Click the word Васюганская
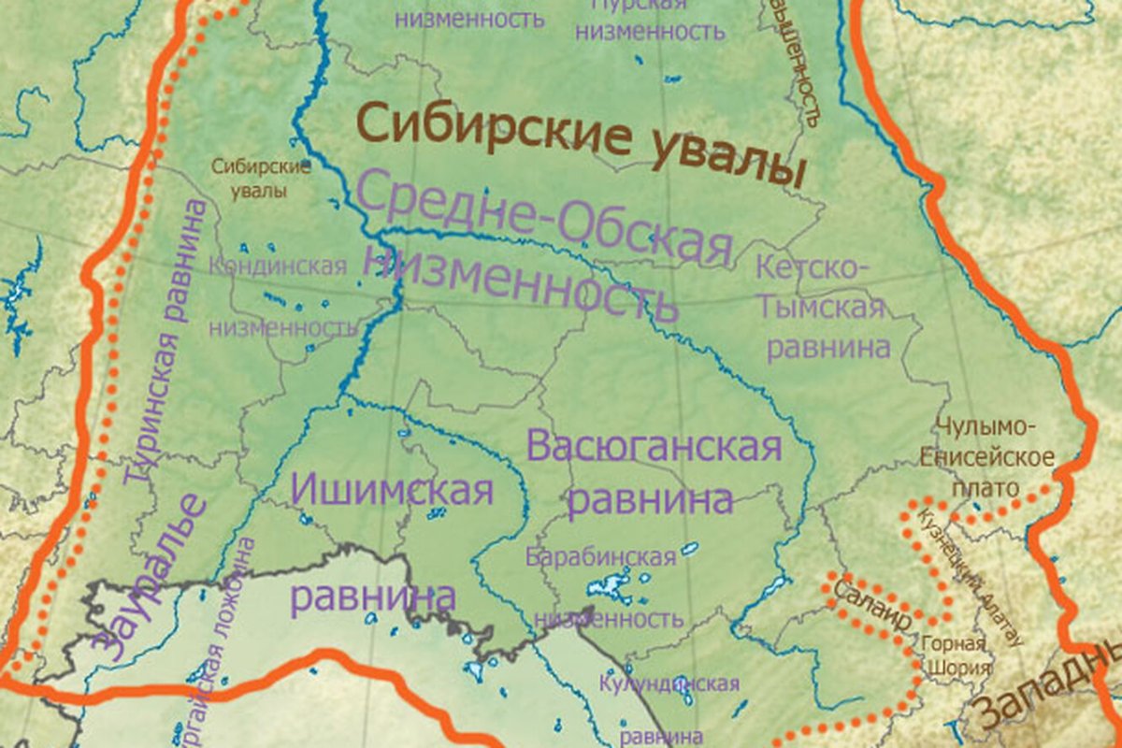click(x=654, y=447)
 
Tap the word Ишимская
click(x=392, y=489)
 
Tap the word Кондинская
click(x=277, y=266)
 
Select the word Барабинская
click(x=600, y=558)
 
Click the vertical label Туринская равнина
click(x=168, y=341)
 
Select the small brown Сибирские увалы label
click(x=261, y=179)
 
